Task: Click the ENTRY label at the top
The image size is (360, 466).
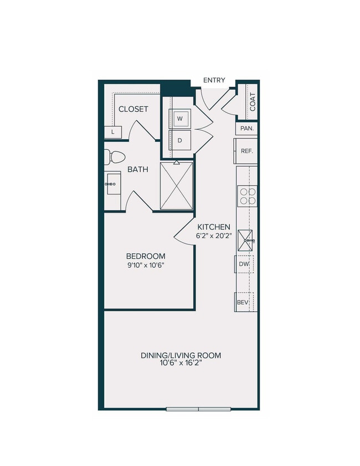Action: tap(214, 80)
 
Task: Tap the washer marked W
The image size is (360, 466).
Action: tap(180, 119)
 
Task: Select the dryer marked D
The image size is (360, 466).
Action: tap(180, 140)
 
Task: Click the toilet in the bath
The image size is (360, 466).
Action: tap(114, 157)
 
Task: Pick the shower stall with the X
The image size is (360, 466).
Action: tap(177, 186)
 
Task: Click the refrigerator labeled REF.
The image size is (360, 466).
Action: tap(246, 150)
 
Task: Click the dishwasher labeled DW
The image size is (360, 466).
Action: tap(244, 265)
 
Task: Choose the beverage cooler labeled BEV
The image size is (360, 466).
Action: tap(243, 302)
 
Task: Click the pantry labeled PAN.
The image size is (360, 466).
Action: tap(247, 129)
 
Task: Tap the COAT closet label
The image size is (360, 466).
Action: tap(253, 101)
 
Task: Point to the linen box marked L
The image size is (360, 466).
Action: tap(113, 132)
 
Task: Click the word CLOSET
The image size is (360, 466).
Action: tap(133, 109)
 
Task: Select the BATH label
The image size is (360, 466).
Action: tap(138, 169)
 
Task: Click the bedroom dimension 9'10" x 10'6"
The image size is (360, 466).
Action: tap(146, 265)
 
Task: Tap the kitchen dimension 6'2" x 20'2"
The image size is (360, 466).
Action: tap(214, 235)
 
